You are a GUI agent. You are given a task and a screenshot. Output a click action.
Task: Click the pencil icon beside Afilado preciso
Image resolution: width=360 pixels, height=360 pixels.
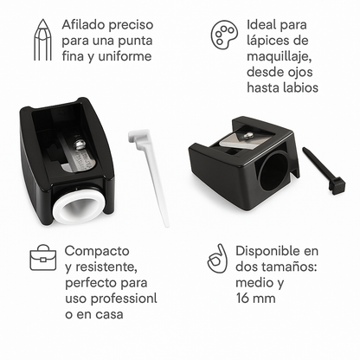[39, 41]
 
